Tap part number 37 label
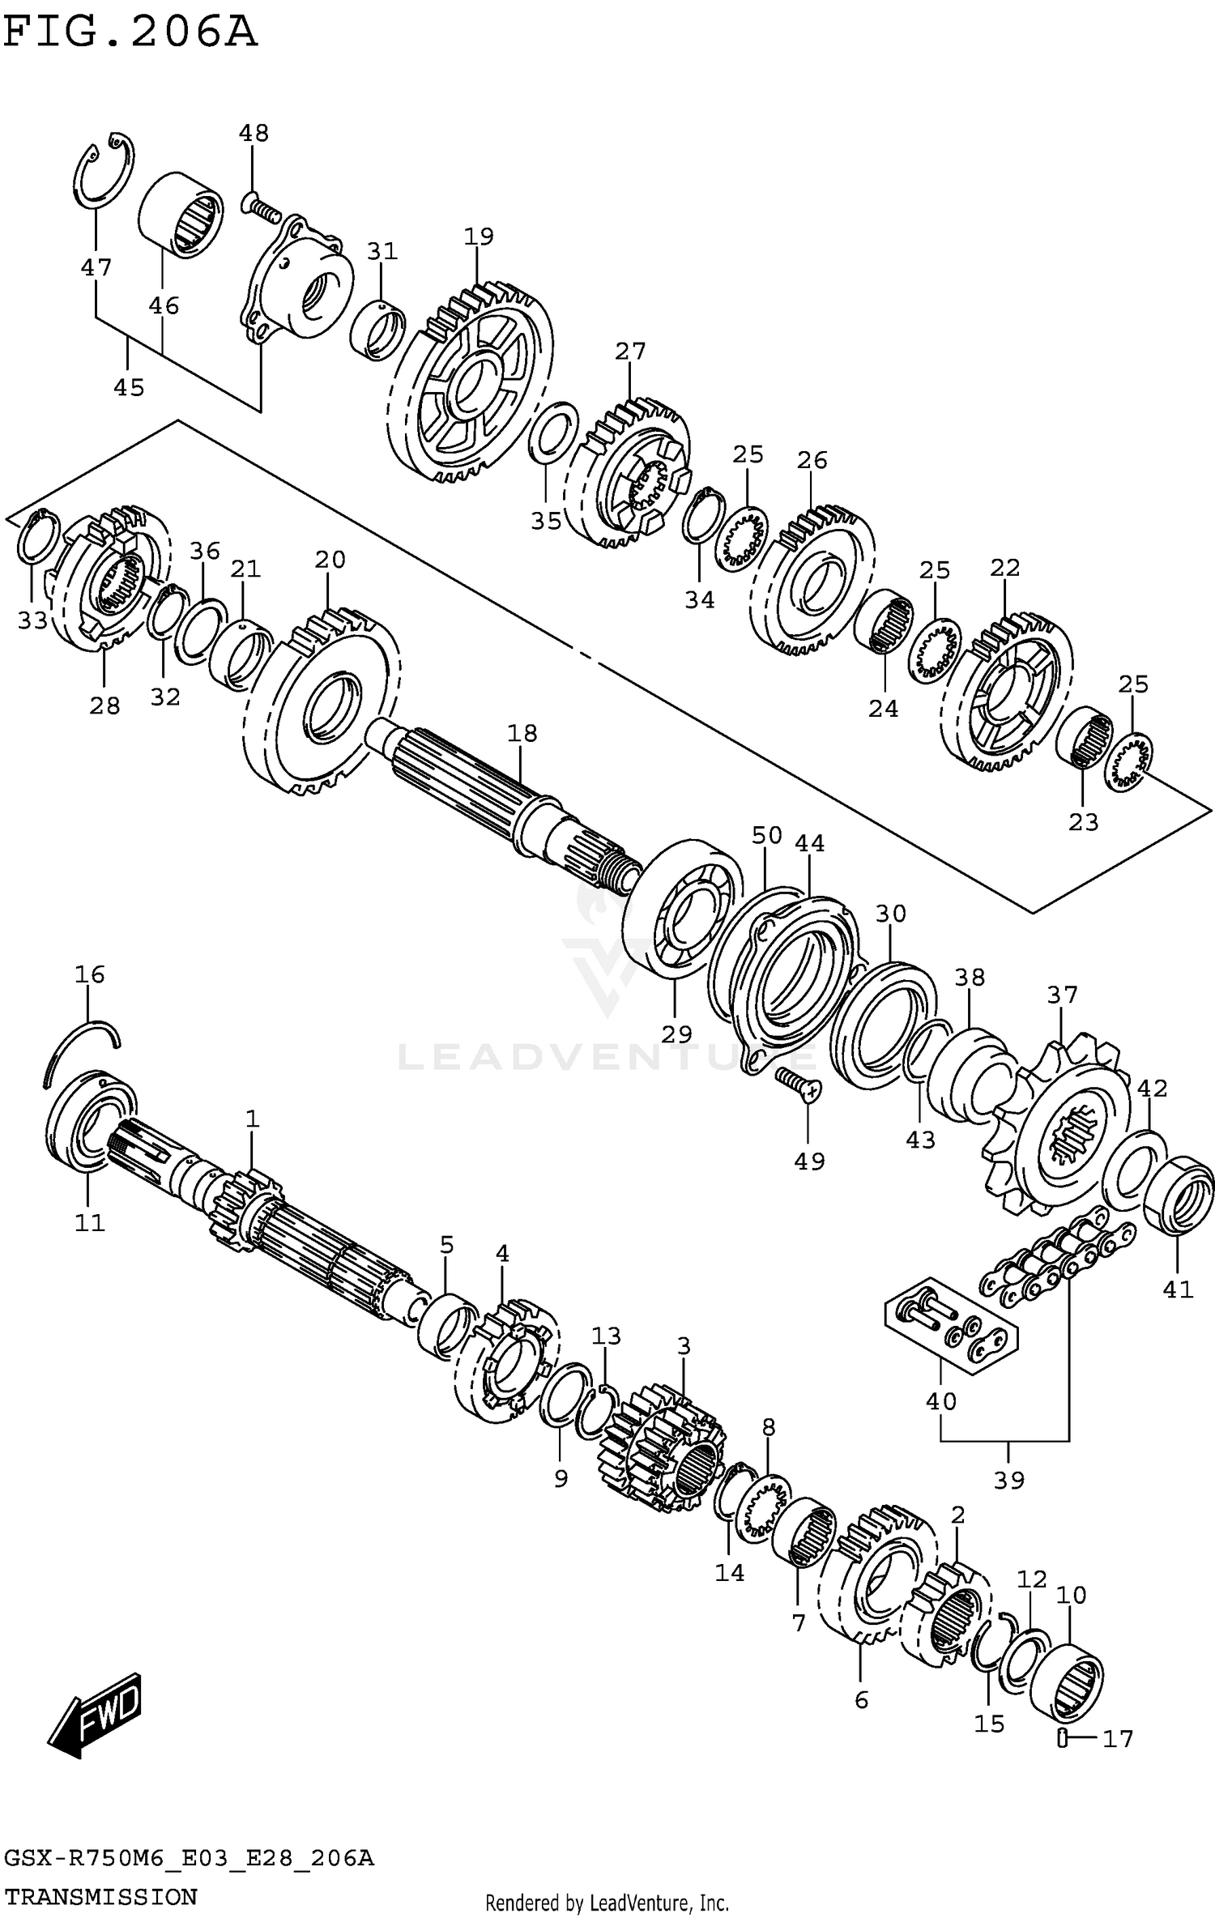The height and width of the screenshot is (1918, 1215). (x=1062, y=994)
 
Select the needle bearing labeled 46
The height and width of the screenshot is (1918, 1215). (x=180, y=215)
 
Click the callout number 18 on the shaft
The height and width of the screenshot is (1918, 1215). (x=522, y=733)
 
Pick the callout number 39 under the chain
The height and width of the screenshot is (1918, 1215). (x=1008, y=1480)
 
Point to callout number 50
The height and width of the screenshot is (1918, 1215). (x=766, y=835)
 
